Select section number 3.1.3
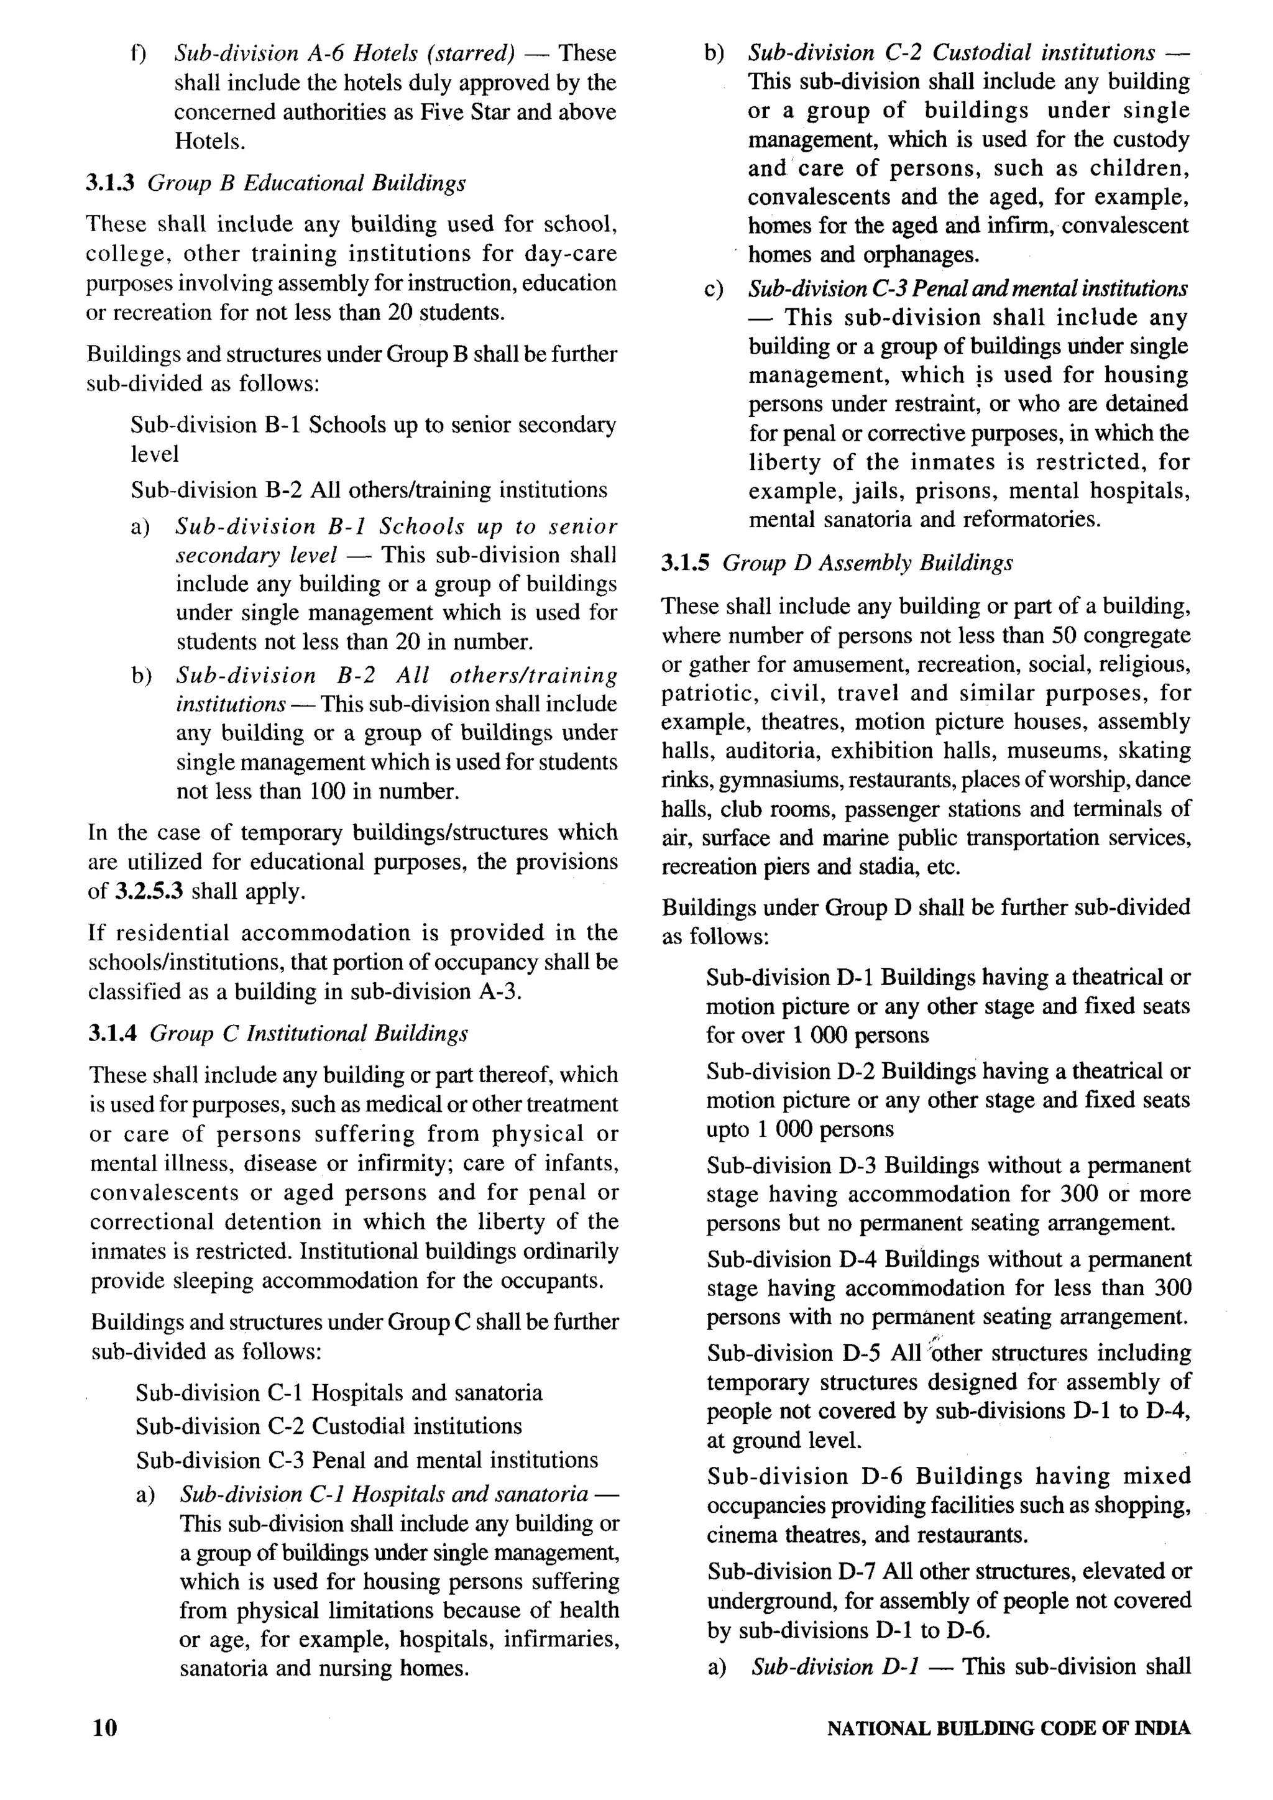(x=110, y=183)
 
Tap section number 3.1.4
(x=112, y=1033)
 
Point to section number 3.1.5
(x=685, y=563)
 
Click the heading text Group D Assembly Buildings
(x=867, y=563)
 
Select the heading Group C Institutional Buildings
(x=309, y=1033)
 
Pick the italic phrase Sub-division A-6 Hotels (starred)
(x=344, y=53)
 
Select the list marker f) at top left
(x=139, y=53)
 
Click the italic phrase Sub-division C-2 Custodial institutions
(x=951, y=53)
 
